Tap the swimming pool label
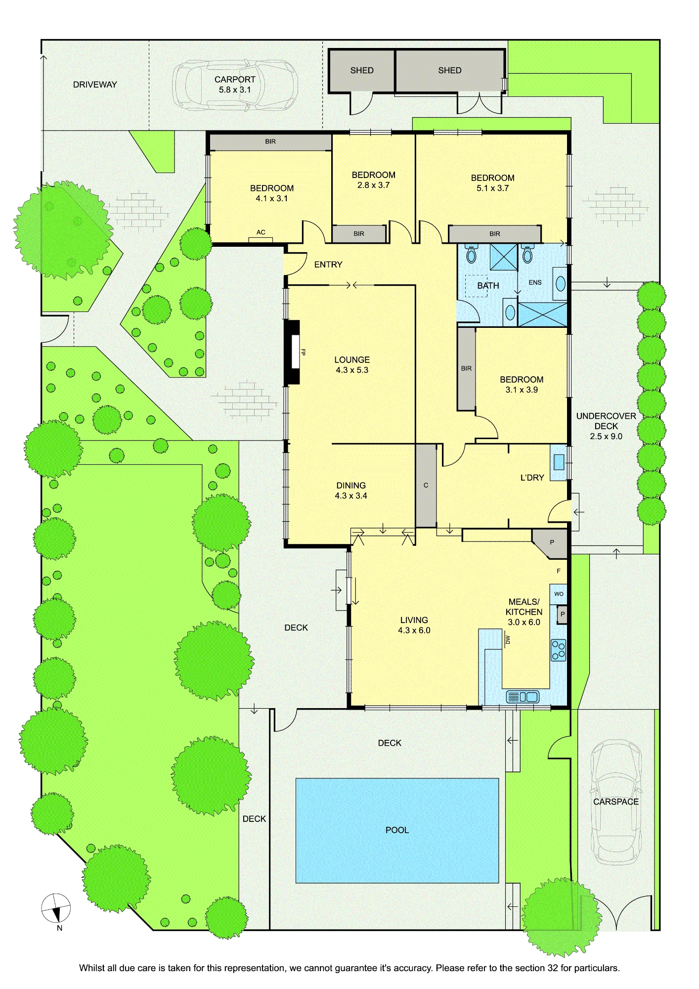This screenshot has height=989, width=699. [x=397, y=830]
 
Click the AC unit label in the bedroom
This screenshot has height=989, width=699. [x=261, y=232]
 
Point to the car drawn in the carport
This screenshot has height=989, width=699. [x=235, y=85]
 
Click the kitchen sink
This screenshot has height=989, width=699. [x=523, y=697]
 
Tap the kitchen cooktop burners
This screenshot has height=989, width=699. [x=559, y=650]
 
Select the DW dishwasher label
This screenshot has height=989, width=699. [x=508, y=640]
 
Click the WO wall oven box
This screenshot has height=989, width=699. [x=559, y=593]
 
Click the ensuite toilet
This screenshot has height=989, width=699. [x=527, y=254]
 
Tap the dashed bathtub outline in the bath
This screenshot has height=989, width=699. [x=477, y=286]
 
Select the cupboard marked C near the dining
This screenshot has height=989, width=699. [x=426, y=486]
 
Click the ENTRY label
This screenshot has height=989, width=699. [x=328, y=265]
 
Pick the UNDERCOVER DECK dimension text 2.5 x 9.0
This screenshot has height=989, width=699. [x=606, y=436]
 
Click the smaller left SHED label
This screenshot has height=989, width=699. [x=362, y=70]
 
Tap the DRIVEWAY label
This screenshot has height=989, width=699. [x=95, y=85]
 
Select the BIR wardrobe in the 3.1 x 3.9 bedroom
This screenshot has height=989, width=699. [x=466, y=368]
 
